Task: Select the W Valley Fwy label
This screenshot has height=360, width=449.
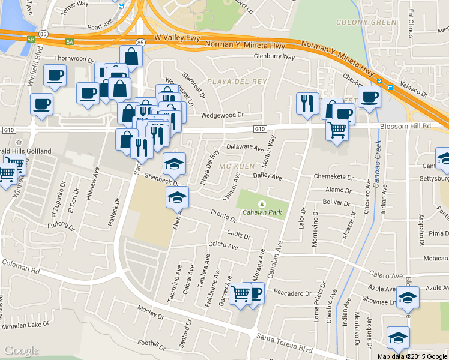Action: click(x=175, y=37)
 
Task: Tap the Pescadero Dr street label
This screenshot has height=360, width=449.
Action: click(x=292, y=293)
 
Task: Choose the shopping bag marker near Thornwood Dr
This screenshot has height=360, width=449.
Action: click(x=131, y=56)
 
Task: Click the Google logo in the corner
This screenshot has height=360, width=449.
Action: click(x=21, y=350)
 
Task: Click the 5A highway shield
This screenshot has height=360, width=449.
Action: click(x=70, y=42)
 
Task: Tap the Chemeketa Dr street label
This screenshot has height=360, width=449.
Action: click(x=334, y=177)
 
